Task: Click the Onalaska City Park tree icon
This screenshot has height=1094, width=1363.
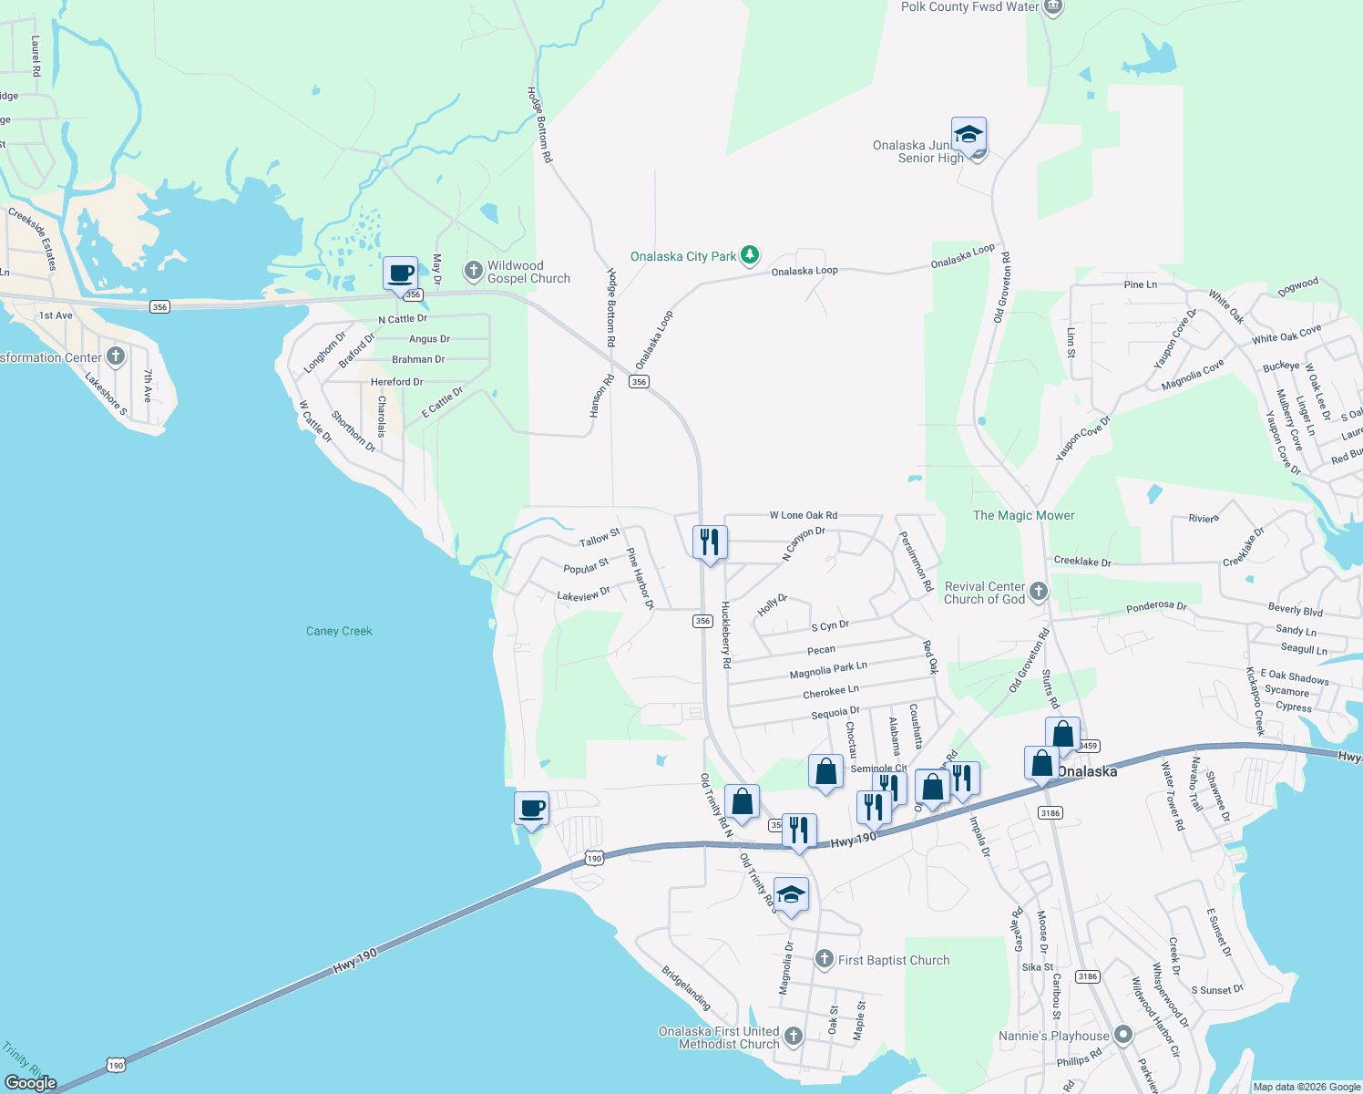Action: (749, 255)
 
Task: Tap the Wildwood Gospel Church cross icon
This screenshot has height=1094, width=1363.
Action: (473, 270)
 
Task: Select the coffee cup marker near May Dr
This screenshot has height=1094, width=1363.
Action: (400, 273)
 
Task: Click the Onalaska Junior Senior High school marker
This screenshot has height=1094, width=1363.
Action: (968, 135)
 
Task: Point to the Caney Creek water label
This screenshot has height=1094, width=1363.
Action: (339, 631)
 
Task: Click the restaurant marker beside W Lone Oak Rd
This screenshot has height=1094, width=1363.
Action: (709, 542)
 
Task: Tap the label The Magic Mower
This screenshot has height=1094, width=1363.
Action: (1023, 515)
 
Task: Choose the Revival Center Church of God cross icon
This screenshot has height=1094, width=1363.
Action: (1039, 593)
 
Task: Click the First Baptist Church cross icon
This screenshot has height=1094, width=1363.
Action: (824, 959)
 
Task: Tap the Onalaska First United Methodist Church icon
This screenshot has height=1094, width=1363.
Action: (794, 1037)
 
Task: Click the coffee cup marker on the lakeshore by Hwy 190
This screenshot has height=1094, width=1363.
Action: (531, 808)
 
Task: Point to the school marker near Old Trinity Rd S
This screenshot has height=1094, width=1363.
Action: (791, 894)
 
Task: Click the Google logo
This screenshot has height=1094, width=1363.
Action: (31, 1082)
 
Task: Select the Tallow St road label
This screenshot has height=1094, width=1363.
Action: (600, 538)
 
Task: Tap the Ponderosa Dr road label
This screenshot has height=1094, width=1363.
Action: (1156, 606)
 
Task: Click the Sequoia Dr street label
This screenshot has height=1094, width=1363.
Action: (835, 712)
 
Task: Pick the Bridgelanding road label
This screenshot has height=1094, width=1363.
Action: (686, 987)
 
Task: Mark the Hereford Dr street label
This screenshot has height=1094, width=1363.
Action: (396, 382)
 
